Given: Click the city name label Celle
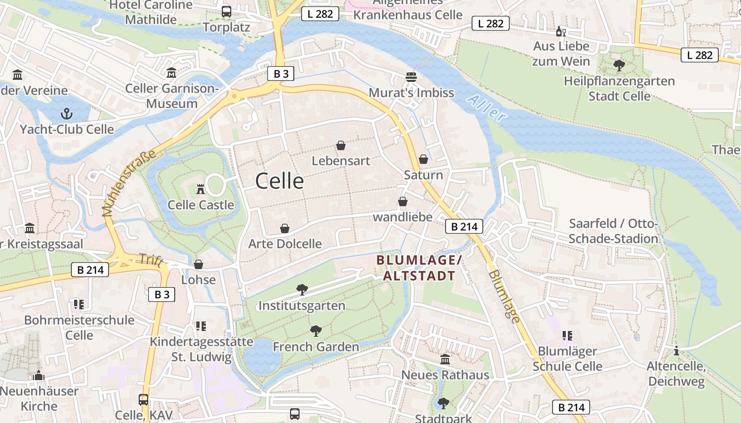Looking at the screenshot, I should pos(279,181).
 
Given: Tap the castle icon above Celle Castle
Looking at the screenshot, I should pos(201,189).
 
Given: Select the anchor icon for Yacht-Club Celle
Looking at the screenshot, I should pos(67,113).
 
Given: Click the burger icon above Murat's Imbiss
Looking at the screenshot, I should pos(411,77).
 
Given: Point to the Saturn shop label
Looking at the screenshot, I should pos(423,175).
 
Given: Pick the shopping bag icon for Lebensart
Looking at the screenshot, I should pos(341,145).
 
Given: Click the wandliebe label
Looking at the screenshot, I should pos(402,217).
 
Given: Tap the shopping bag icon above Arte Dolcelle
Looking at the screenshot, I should pos(285,228).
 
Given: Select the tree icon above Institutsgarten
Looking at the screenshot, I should pos(302,289).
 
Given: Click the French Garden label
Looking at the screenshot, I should pos(315,347).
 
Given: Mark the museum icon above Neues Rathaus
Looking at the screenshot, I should pos(445,359).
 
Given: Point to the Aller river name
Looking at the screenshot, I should pos(487,108).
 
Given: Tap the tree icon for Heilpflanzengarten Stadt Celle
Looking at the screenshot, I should pos(619,66).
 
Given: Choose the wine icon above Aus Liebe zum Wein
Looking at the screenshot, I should pos(561,31).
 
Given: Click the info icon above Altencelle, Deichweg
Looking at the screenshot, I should pos(676,351).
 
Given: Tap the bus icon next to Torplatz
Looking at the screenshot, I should pos(227,11).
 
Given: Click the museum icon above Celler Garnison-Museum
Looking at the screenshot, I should pos(171,72).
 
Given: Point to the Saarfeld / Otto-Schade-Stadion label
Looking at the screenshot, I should pos(613,232).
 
